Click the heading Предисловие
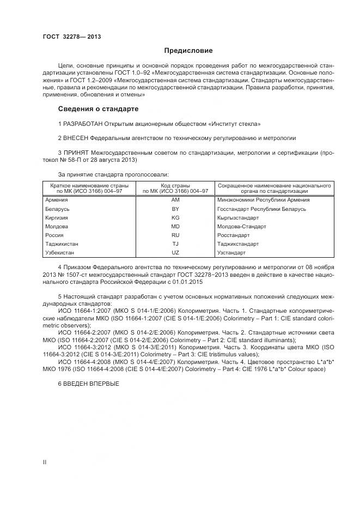189,51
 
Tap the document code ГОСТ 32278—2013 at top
71,37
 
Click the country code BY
175,209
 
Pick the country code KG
175,217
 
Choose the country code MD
175,226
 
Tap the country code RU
175,235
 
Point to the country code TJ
175,244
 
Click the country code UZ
175,253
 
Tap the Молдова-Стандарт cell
241,226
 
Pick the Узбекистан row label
59,253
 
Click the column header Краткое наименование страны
89,185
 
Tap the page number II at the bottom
45,462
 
